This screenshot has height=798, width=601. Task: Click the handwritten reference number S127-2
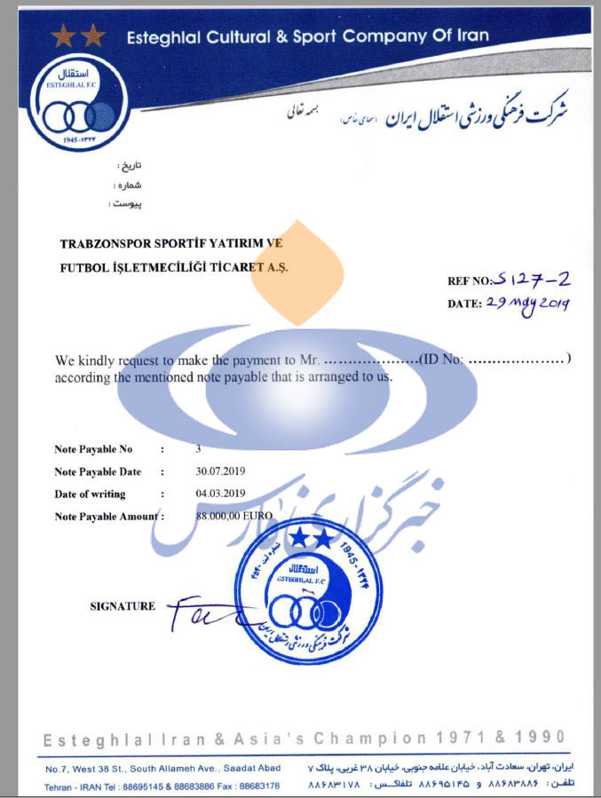point(534,280)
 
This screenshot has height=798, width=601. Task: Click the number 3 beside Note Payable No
point(199,449)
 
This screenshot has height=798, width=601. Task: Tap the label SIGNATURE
point(123,606)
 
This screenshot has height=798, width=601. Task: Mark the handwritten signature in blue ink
point(200,612)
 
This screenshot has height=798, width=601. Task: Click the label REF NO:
point(470,281)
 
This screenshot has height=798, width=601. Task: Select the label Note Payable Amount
point(104,517)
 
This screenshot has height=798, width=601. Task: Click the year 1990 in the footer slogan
point(538,738)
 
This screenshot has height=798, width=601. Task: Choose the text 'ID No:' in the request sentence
point(443,360)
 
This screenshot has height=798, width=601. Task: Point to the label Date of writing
point(90,494)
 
